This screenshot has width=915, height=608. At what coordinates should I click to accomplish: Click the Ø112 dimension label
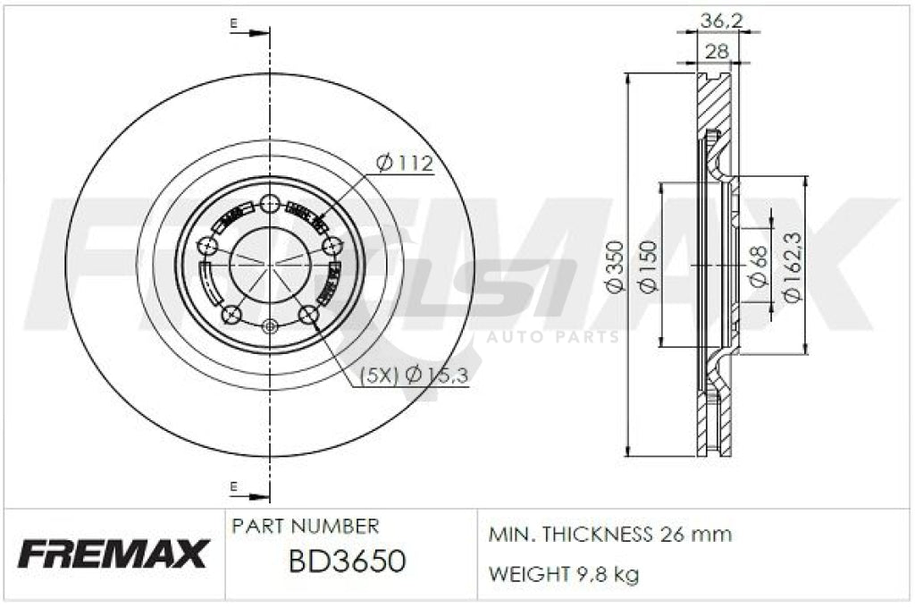(404, 164)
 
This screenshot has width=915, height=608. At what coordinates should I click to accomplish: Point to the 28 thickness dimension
(717, 52)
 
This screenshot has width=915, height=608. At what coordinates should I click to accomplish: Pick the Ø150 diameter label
(648, 267)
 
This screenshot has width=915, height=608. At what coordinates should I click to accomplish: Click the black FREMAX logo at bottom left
(113, 554)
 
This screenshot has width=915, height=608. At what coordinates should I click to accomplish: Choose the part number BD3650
(347, 562)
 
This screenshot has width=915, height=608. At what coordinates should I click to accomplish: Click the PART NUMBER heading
(305, 526)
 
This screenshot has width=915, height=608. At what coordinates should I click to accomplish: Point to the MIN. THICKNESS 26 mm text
(609, 535)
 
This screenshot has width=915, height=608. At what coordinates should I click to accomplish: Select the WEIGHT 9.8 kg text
(563, 574)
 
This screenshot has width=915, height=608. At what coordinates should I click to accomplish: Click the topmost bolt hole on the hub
(270, 203)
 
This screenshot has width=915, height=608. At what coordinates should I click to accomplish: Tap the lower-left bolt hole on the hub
(231, 314)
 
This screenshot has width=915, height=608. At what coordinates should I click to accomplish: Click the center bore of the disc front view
(270, 265)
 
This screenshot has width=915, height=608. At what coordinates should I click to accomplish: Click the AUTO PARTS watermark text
(552, 337)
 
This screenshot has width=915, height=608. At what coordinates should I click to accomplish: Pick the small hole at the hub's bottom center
(270, 327)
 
